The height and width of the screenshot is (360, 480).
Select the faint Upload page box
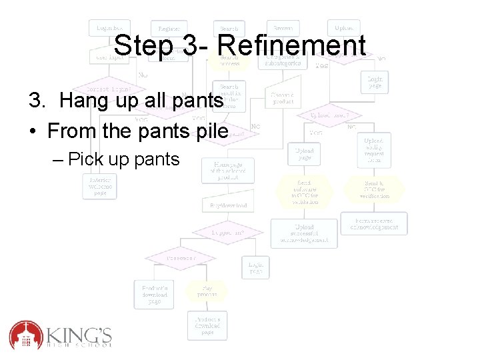point(304,155)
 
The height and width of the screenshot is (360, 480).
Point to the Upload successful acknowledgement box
point(304,233)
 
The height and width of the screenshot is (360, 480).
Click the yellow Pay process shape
point(206,291)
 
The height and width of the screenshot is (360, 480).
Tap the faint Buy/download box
point(229,205)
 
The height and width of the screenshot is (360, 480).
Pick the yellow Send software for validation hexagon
point(304,191)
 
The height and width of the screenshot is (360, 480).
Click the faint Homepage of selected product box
point(229,170)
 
